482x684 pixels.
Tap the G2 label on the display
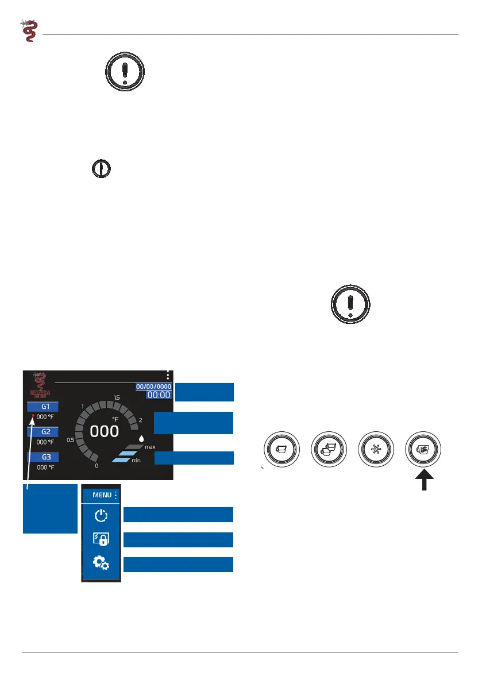click(45, 432)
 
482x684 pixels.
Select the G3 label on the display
click(45, 457)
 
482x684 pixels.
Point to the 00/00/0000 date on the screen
click(153, 387)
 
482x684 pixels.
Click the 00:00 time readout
click(159, 395)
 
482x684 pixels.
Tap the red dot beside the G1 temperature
click(33, 416)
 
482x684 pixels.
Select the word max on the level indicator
click(150, 447)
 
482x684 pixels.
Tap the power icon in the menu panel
click(101, 516)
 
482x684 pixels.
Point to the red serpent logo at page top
click(28, 30)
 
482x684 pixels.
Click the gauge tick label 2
click(141, 420)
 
